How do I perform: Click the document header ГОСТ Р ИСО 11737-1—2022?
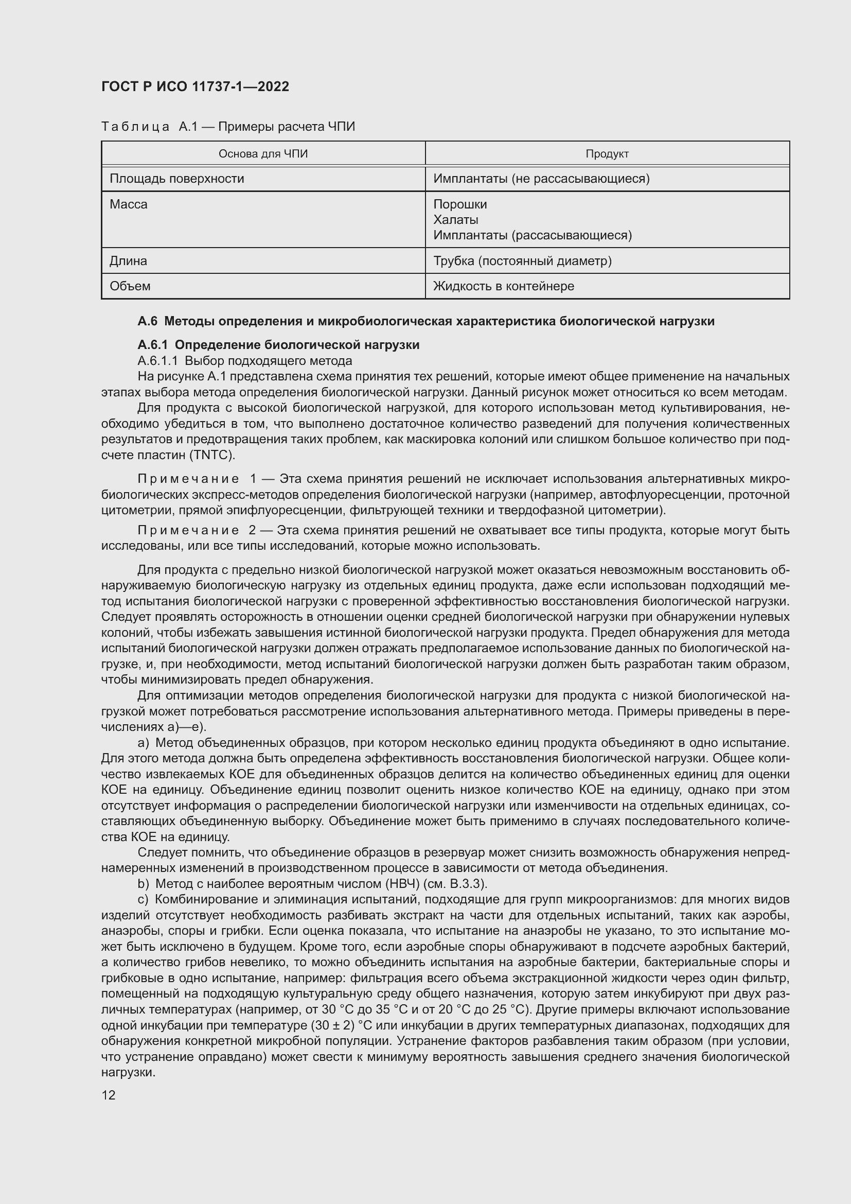click(x=195, y=86)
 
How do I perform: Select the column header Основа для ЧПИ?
click(x=263, y=153)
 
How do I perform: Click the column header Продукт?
click(x=607, y=153)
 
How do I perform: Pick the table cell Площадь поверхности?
click(x=176, y=179)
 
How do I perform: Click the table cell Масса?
click(x=129, y=204)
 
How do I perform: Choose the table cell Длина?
click(x=128, y=260)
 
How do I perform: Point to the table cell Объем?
click(x=130, y=286)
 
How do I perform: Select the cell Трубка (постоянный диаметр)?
click(x=522, y=260)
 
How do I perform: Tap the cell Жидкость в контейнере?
click(x=504, y=286)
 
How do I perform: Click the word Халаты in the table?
click(x=455, y=220)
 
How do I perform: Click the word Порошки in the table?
click(x=459, y=204)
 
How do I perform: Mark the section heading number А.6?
click(x=148, y=321)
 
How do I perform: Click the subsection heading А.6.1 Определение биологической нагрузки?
click(x=278, y=345)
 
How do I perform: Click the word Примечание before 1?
click(x=188, y=479)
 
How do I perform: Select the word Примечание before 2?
click(x=188, y=530)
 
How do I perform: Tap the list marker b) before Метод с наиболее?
click(x=143, y=884)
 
